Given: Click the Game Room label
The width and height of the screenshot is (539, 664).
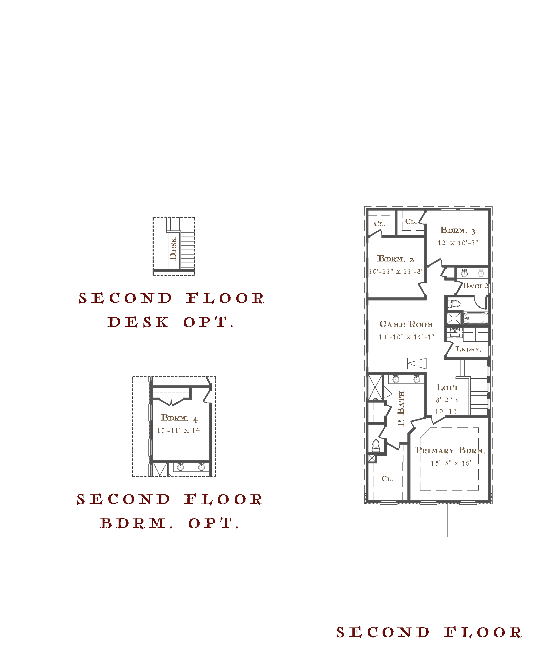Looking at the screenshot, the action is tap(406, 324).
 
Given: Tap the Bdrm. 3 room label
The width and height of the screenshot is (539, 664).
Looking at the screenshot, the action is tap(458, 230).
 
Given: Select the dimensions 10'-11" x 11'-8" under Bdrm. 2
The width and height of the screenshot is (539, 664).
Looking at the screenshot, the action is tap(396, 271).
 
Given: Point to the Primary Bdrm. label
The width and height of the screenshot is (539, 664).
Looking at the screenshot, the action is tap(450, 450).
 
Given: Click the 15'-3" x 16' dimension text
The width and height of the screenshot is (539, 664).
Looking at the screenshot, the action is tap(451, 463).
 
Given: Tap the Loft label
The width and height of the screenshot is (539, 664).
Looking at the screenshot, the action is tap(448, 387).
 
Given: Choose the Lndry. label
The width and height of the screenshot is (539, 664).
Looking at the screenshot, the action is tap(469, 349).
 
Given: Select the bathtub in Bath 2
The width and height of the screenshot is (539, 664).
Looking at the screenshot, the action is tap(476, 318).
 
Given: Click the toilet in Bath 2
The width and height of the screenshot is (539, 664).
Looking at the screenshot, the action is tap(454, 304).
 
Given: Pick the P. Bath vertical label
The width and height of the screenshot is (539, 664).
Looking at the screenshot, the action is tap(401, 409).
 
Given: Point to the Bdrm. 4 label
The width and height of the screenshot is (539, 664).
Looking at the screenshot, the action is tap(179, 418).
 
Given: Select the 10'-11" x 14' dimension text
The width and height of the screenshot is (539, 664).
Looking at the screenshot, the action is tap(179, 430).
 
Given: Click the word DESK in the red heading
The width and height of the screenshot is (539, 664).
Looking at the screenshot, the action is tap(138, 322).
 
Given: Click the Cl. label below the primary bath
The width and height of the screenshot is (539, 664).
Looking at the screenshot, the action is tap(387, 479).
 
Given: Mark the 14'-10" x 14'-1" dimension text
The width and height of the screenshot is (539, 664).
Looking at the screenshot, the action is tap(406, 337).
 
